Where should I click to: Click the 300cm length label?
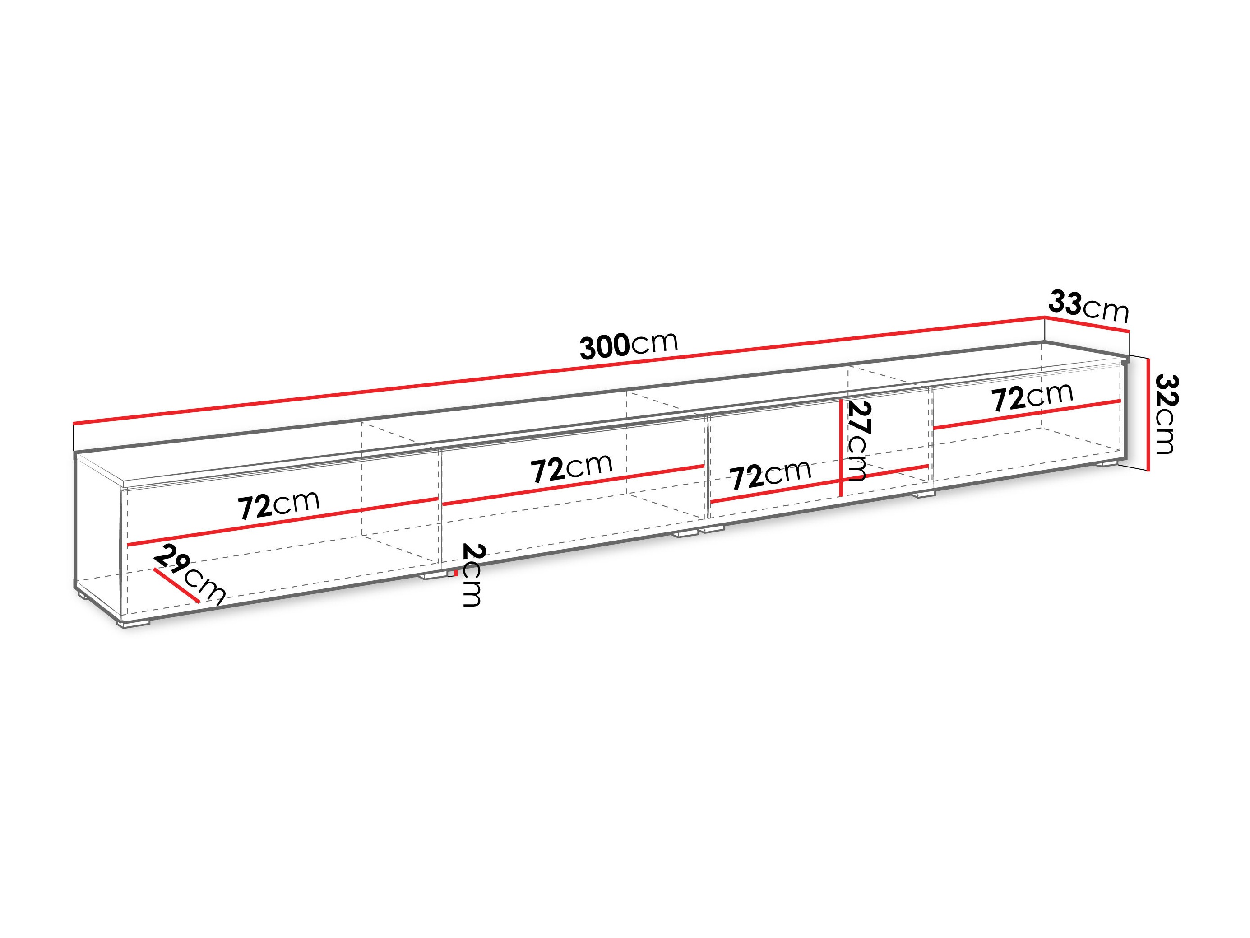629,345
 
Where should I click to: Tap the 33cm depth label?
1089,307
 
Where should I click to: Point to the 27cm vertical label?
856,442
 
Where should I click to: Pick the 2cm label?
472,574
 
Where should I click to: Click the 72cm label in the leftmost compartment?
278,505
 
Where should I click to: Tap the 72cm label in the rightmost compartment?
1032,397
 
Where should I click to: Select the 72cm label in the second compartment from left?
571,468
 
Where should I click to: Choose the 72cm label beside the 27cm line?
771,476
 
